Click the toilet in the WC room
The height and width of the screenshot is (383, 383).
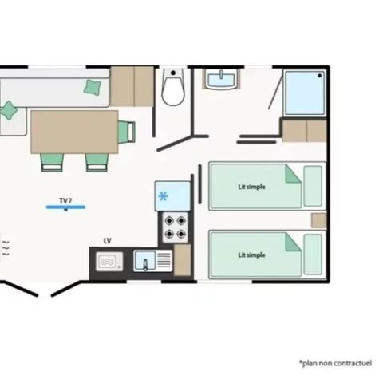click(x=173, y=89)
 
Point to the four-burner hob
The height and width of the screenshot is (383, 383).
click(x=175, y=227)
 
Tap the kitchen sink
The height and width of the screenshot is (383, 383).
click(x=146, y=261)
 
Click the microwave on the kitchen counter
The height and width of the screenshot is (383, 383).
click(x=108, y=261)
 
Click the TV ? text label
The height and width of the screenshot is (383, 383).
click(x=65, y=199)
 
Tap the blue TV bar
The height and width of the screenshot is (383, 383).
click(x=65, y=207)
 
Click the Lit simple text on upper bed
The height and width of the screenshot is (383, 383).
click(x=252, y=187)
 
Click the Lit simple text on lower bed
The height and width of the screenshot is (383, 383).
click(x=252, y=255)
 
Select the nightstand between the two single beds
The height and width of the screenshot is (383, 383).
click(x=318, y=220)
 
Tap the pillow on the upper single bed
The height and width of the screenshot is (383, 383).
click(x=314, y=186)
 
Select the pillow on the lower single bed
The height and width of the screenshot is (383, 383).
click(x=314, y=255)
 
